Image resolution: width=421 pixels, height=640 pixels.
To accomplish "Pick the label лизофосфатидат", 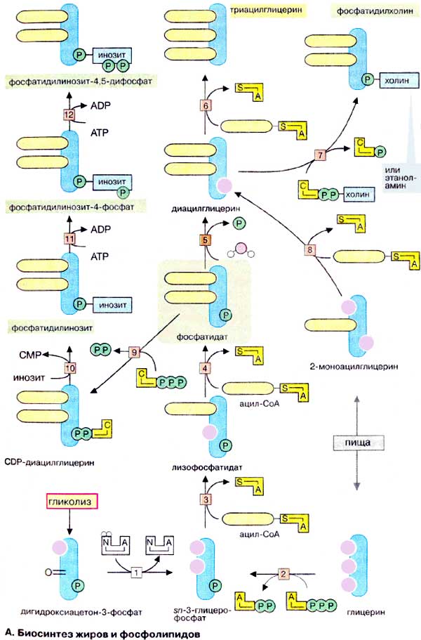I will (204, 466).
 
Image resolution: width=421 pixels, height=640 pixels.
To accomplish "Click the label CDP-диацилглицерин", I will (48, 463).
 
